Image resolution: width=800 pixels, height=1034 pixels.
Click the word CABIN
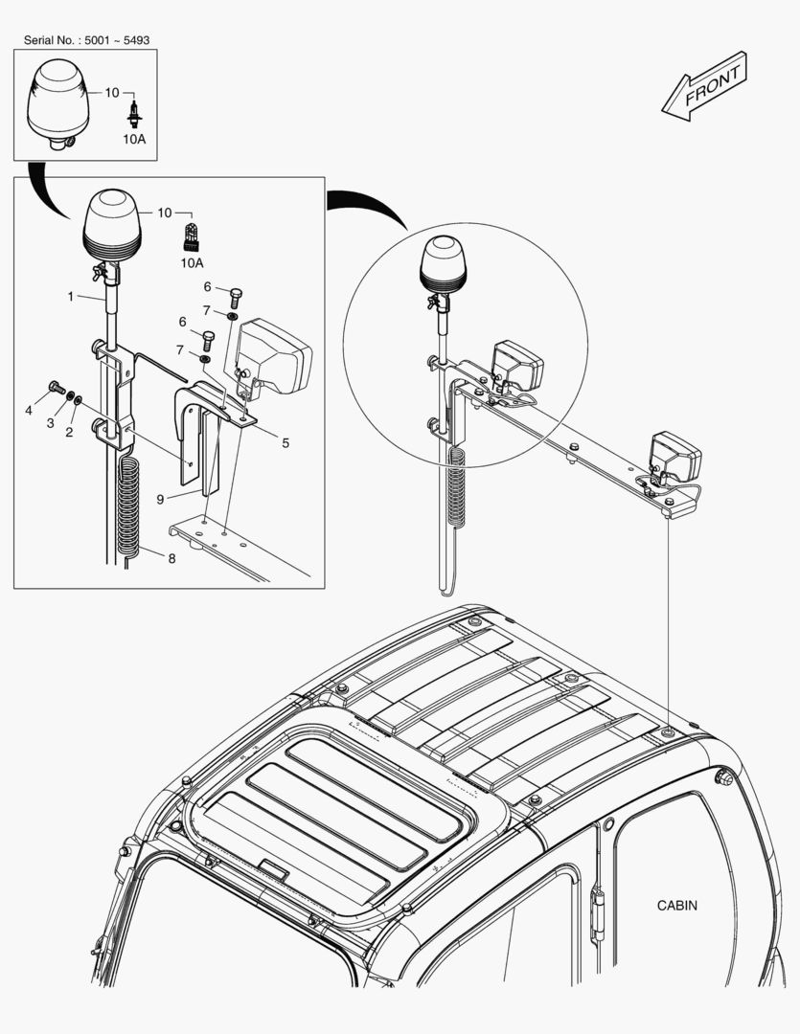[x=676, y=905]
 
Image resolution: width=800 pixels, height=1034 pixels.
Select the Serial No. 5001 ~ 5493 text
[x=86, y=40]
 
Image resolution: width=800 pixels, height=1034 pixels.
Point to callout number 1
[x=70, y=297]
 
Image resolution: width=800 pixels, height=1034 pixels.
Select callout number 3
[x=51, y=422]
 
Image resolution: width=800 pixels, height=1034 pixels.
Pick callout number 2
[x=69, y=433]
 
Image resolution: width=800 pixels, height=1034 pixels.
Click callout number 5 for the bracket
[x=286, y=442]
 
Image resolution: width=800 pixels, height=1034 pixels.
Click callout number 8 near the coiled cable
[x=171, y=558]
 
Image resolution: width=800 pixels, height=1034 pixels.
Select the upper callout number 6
[x=207, y=286]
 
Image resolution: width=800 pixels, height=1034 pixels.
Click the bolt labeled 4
[x=56, y=388]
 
